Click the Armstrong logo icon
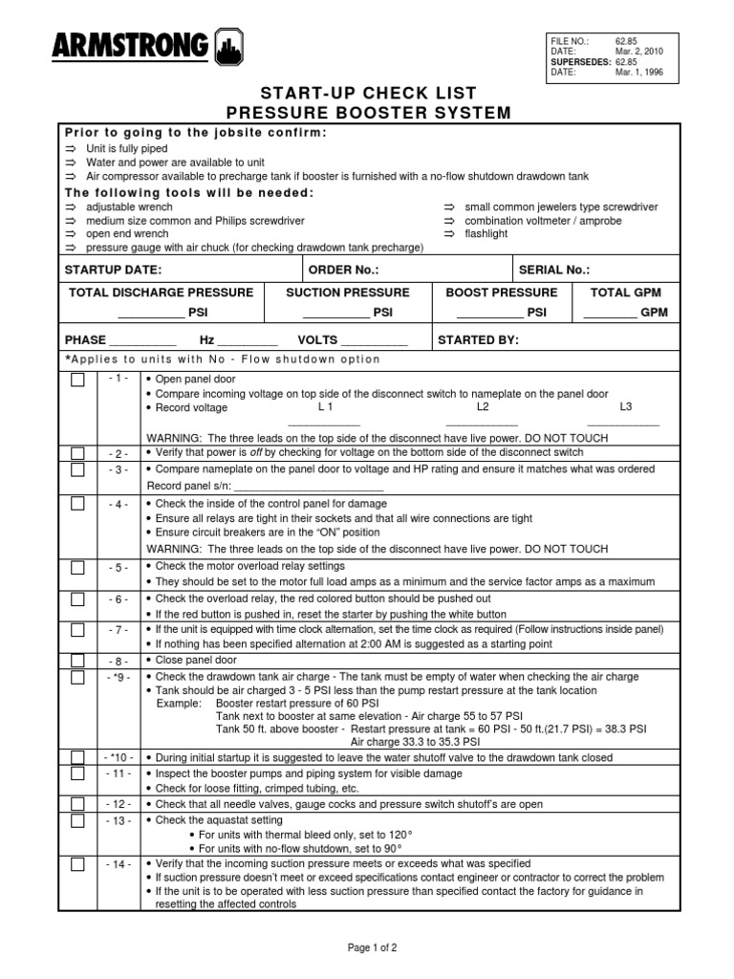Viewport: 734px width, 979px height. coord(228,47)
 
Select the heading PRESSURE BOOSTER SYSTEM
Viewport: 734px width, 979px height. coord(367,113)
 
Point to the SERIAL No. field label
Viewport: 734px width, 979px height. coord(553,270)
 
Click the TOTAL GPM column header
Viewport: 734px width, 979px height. coord(626,293)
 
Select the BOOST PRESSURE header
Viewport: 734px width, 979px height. coord(501,293)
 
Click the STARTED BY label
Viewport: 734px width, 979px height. coord(478,339)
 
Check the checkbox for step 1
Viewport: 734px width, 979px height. coord(77,380)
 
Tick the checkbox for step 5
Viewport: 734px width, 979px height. coord(77,568)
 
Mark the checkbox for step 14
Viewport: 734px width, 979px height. coord(77,864)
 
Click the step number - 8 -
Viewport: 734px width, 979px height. coord(119,662)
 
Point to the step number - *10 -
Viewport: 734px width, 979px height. coord(119,757)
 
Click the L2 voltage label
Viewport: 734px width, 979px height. coord(482,407)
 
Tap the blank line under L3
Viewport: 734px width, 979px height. coord(623,424)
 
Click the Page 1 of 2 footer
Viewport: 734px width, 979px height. coord(372,947)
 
